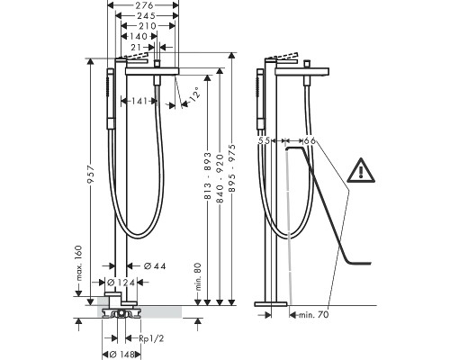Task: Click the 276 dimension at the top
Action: [x=142, y=5]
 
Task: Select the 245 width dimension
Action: [x=147, y=15]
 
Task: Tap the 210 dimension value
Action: [x=148, y=26]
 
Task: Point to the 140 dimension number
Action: [x=139, y=37]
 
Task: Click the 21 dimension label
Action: [x=136, y=47]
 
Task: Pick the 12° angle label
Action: [x=193, y=94]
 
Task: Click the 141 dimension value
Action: [x=139, y=101]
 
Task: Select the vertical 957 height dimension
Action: [x=91, y=175]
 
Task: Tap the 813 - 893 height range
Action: [x=208, y=175]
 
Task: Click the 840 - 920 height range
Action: [x=220, y=178]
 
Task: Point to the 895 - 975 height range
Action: [x=233, y=168]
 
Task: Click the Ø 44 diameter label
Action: [x=155, y=265]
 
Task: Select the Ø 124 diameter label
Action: [x=121, y=282]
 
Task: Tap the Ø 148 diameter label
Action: [x=121, y=355]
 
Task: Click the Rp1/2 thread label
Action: [x=151, y=338]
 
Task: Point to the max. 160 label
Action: [x=78, y=263]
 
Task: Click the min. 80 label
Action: [x=198, y=276]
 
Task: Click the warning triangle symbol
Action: [x=361, y=170]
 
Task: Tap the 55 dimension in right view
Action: [x=264, y=140]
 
